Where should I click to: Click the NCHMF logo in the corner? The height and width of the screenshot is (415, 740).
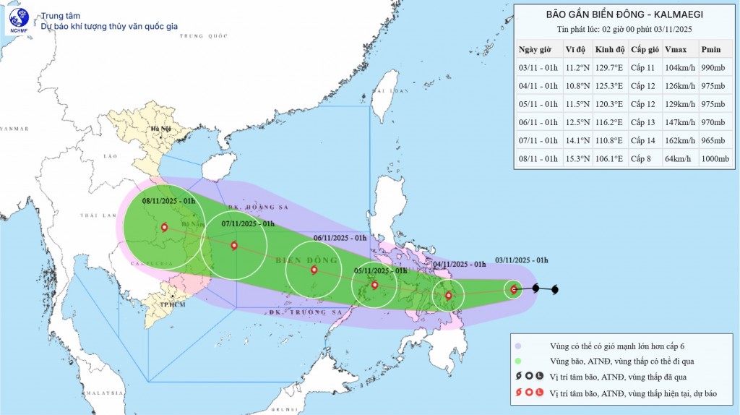pos(19,21)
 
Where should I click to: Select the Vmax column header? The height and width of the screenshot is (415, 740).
pos(675,49)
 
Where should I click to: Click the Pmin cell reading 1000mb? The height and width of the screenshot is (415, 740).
pos(716,158)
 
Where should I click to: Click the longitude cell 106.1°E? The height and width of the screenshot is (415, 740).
pos(609,158)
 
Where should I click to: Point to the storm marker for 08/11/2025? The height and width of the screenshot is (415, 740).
pos(164,227)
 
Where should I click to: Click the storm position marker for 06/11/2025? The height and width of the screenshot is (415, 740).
pos(314,270)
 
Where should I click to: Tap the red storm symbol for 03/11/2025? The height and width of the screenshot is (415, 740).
pos(514,289)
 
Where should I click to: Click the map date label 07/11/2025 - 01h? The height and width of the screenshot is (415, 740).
pos(247,223)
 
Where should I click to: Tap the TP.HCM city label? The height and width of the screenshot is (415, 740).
pos(171,305)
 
